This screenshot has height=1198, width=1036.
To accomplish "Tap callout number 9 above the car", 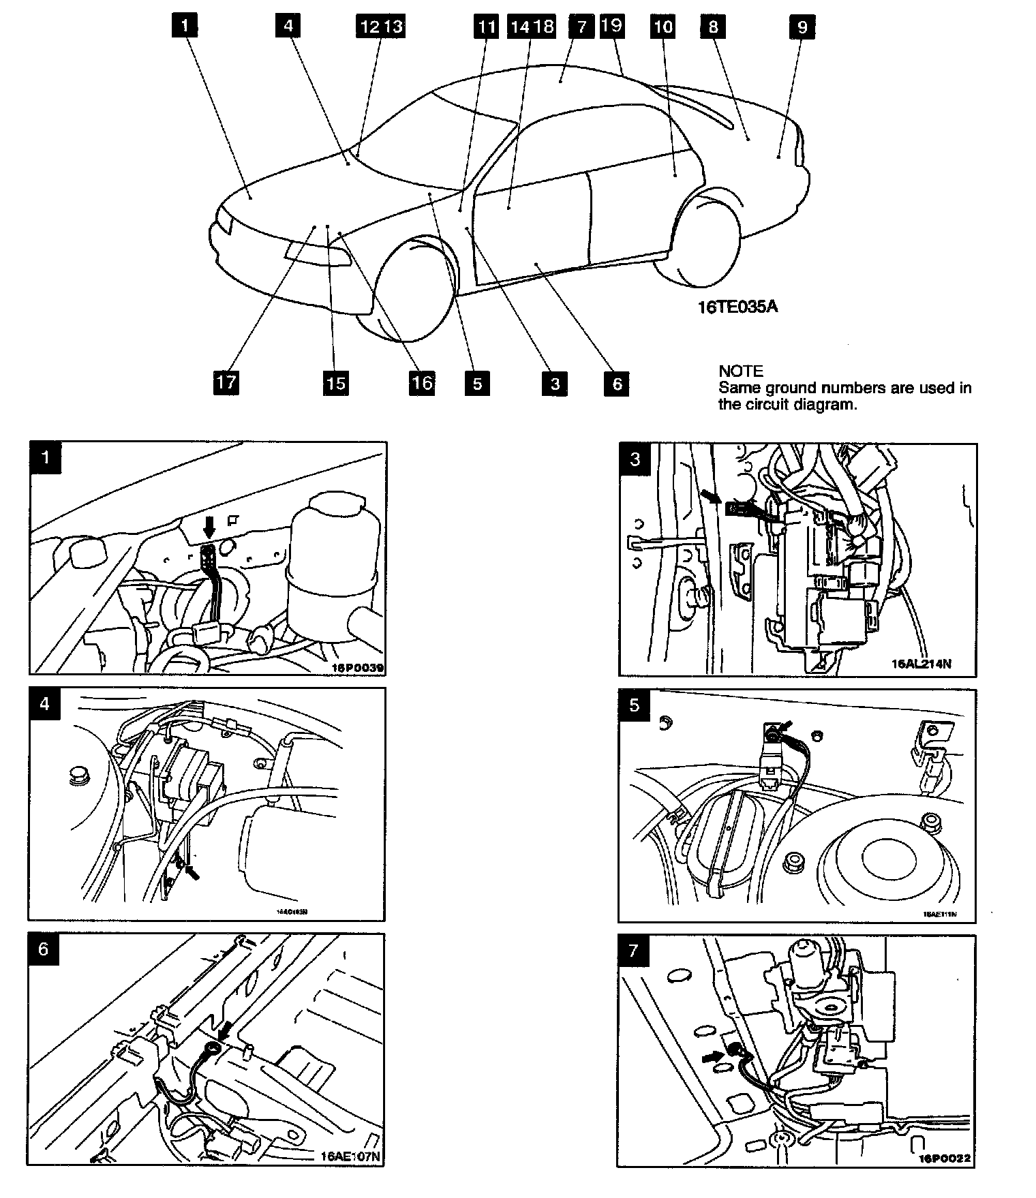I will click(802, 27).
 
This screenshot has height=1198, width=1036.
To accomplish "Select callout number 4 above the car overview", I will click(288, 26).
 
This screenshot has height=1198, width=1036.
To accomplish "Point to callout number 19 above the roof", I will click(611, 26).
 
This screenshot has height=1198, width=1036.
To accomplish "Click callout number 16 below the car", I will click(422, 382).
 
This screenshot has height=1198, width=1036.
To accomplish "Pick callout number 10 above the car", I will click(662, 27).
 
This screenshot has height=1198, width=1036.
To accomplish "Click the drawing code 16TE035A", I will click(737, 307).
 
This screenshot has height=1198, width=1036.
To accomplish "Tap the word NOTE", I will click(740, 371).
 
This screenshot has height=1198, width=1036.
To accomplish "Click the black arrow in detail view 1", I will click(209, 525).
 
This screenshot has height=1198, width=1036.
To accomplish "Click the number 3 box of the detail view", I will click(635, 459).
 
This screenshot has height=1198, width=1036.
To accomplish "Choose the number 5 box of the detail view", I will click(635, 705).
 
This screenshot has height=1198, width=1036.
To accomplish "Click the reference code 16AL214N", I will click(921, 664).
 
